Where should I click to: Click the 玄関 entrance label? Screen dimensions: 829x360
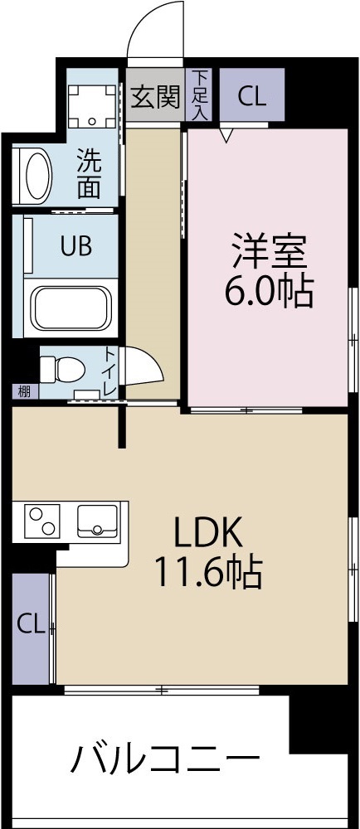155,98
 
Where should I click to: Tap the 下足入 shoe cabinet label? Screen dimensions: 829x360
200,95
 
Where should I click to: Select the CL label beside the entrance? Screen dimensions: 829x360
251,96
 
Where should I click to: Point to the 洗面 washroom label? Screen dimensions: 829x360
89,173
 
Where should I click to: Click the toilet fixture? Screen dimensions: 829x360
62,366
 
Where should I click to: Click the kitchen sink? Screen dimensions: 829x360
98,521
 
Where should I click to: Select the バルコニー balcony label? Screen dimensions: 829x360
164,759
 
